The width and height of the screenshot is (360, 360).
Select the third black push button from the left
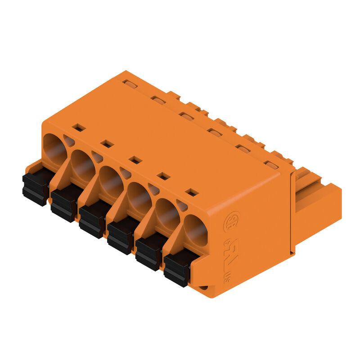(x=93, y=220)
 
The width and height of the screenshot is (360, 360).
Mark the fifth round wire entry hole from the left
(x=167, y=214)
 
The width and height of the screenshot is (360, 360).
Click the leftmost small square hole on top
(x=79, y=127)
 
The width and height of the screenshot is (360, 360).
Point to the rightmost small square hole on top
(x=192, y=192)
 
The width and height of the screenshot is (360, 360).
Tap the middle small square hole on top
(x=135, y=160)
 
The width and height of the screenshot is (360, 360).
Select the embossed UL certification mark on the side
(x=231, y=257)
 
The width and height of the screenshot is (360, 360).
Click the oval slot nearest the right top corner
(x=270, y=165)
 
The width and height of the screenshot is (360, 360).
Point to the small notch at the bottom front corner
(x=204, y=287)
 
